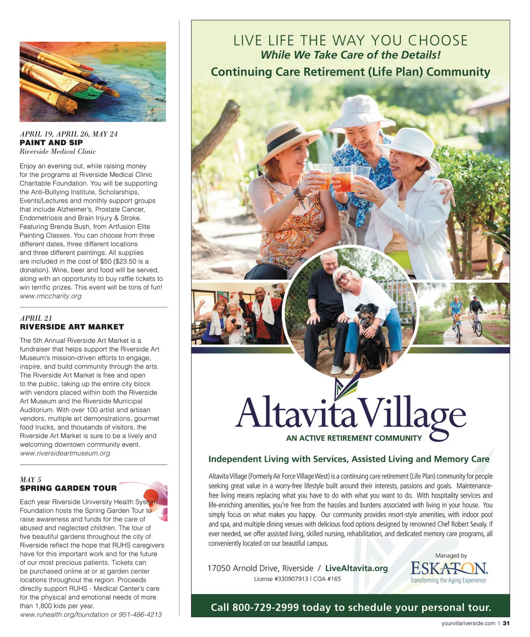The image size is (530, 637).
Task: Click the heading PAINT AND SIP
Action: click(x=51, y=142)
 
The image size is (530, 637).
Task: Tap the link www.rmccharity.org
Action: click(x=50, y=296)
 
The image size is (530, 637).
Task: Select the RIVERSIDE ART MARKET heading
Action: click(x=72, y=327)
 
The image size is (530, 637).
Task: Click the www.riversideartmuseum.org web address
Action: click(x=65, y=453)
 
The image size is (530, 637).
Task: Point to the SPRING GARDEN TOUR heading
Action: click(x=68, y=488)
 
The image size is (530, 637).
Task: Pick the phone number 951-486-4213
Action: click(x=140, y=614)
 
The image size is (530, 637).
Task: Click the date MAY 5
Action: click(x=30, y=480)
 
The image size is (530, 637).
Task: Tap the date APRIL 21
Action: click(x=36, y=318)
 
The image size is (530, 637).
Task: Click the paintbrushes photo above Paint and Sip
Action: click(x=93, y=81)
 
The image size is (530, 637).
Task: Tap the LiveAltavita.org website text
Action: click(x=356, y=568)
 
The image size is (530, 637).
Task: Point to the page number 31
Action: click(x=506, y=623)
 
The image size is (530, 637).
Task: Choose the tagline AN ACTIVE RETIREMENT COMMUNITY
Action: click(x=354, y=438)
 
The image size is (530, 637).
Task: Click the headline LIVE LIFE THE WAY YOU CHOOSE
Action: click(x=350, y=41)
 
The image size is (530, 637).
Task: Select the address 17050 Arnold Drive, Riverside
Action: click(x=260, y=568)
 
